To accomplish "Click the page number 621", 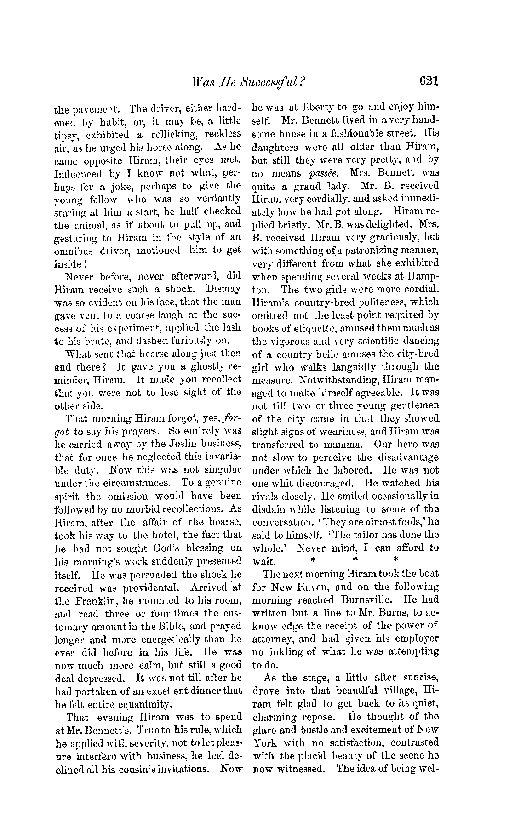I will [x=429, y=81].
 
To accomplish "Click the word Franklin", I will [x=98, y=601].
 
